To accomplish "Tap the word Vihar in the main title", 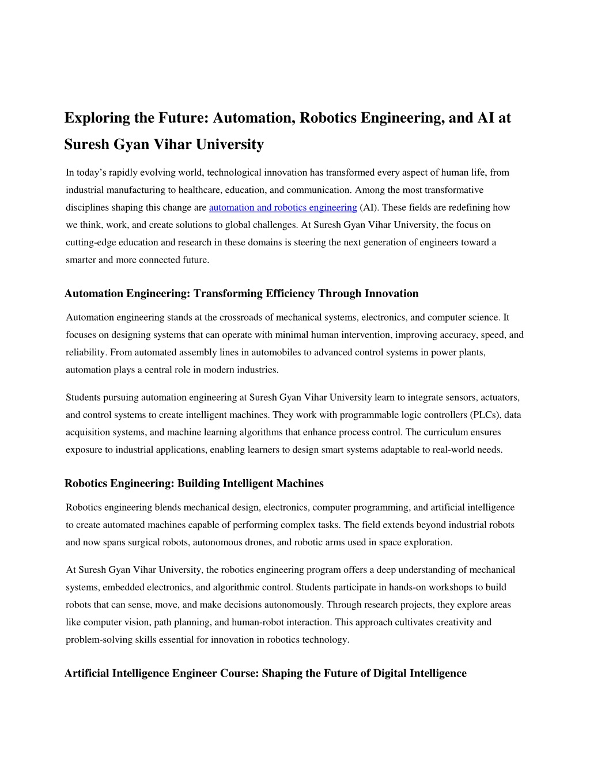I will click(172, 145).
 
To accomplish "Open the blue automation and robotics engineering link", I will click(283, 207).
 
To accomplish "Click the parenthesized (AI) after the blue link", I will click(369, 207).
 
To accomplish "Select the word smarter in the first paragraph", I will click(81, 260).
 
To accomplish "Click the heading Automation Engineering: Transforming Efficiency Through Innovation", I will click(241, 294).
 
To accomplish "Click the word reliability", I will click(86, 352).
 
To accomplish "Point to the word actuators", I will click(499, 397).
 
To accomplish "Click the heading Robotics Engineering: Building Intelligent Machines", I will click(194, 484).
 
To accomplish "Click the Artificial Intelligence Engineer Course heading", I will click(266, 674).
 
